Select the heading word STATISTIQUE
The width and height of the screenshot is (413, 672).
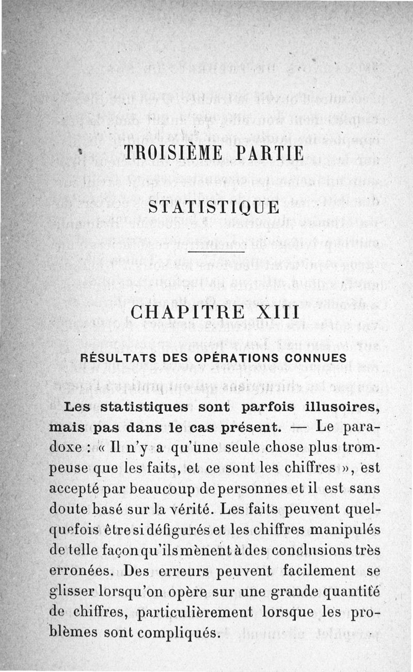pyautogui.click(x=214, y=208)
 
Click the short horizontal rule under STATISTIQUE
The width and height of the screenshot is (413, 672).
pyautogui.click(x=215, y=252)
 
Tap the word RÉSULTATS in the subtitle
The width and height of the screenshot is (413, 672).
pyautogui.click(x=116, y=358)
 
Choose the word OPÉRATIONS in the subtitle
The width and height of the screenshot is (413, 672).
pyautogui.click(x=227, y=358)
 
